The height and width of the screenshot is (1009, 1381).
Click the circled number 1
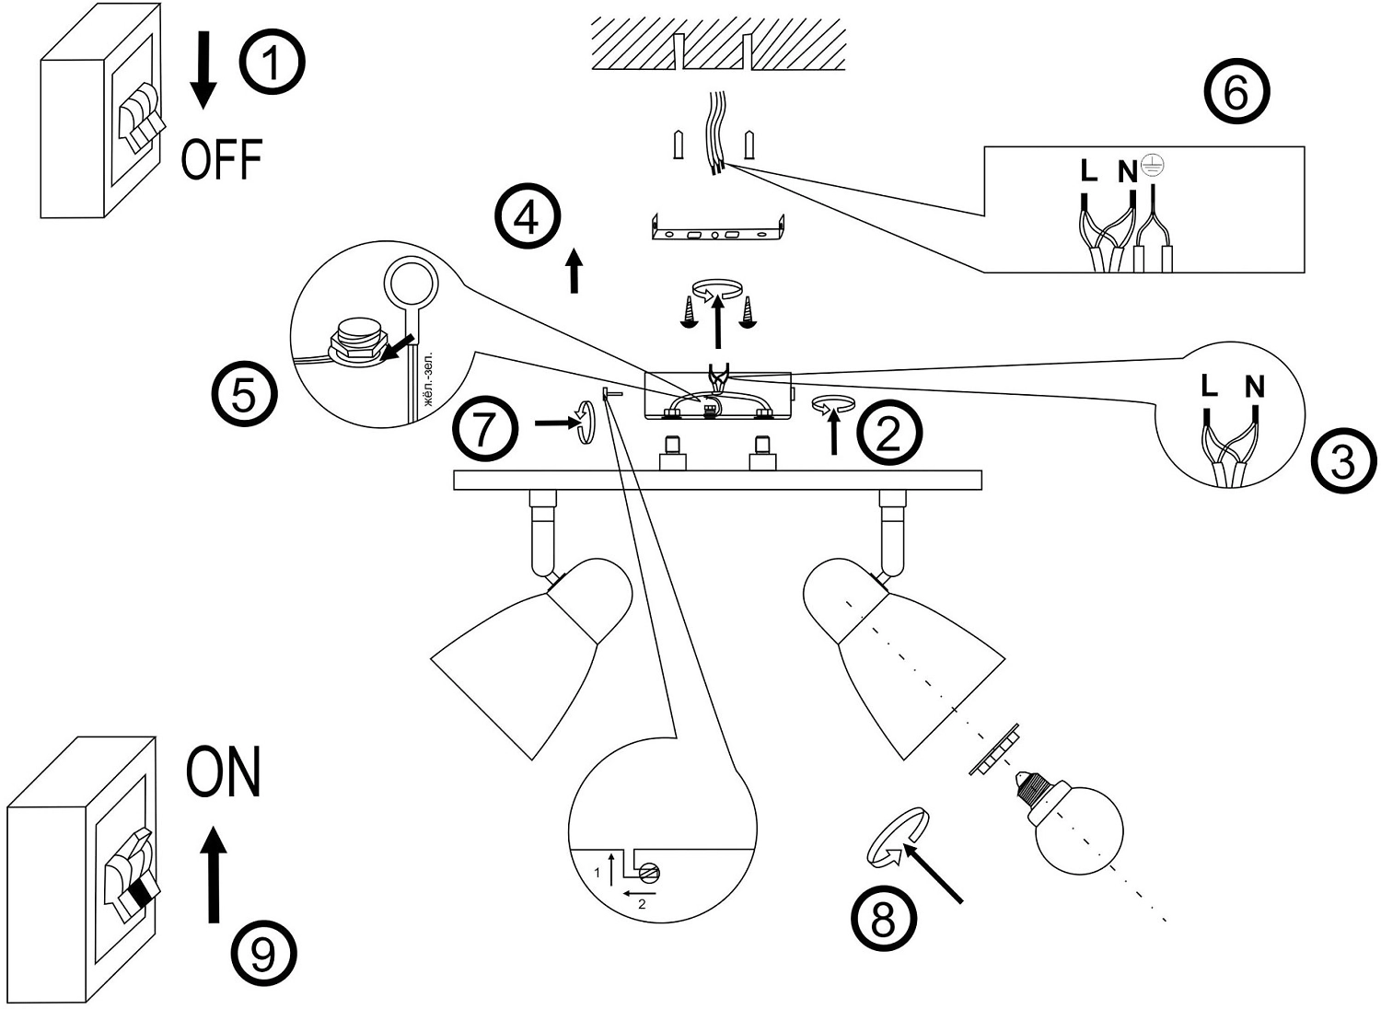(272, 62)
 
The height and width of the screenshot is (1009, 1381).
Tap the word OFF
(222, 159)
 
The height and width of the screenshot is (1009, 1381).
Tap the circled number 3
(1343, 460)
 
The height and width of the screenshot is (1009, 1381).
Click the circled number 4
(528, 219)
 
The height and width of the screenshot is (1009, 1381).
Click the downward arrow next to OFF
(203, 70)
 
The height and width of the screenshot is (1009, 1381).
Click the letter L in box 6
(1088, 171)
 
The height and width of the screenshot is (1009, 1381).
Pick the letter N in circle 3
(1254, 387)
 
